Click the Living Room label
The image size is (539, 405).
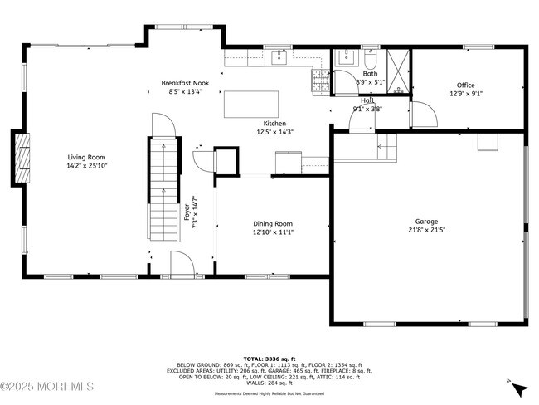[x=86, y=156]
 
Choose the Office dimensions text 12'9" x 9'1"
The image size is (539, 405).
[x=465, y=94]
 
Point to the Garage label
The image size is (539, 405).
[x=426, y=222]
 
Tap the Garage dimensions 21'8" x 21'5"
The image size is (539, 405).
[x=426, y=232]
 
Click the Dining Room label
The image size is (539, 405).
[x=272, y=223]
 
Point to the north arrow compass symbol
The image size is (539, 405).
[x=518, y=387]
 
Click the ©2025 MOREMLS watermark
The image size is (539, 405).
[x=47, y=387]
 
